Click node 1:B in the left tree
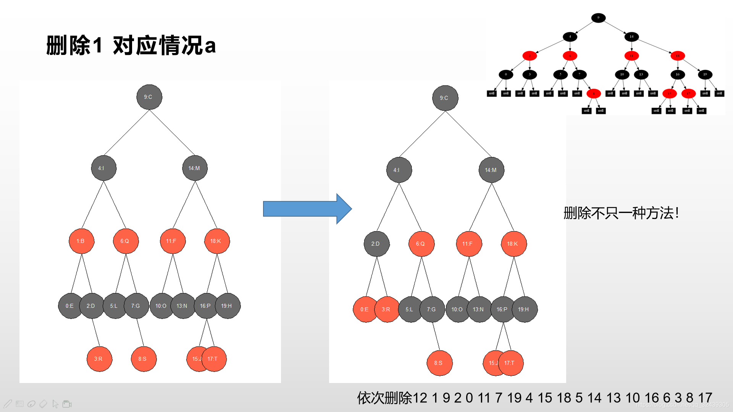81,241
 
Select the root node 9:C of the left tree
149,97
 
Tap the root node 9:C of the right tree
445,98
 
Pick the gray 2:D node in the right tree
376,244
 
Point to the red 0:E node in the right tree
365,309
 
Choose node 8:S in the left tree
144,359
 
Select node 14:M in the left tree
195,168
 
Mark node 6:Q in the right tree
421,244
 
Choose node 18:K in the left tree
217,241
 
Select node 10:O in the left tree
161,306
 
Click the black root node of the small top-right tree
598,18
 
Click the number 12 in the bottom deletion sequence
420,398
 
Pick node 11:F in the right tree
469,244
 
